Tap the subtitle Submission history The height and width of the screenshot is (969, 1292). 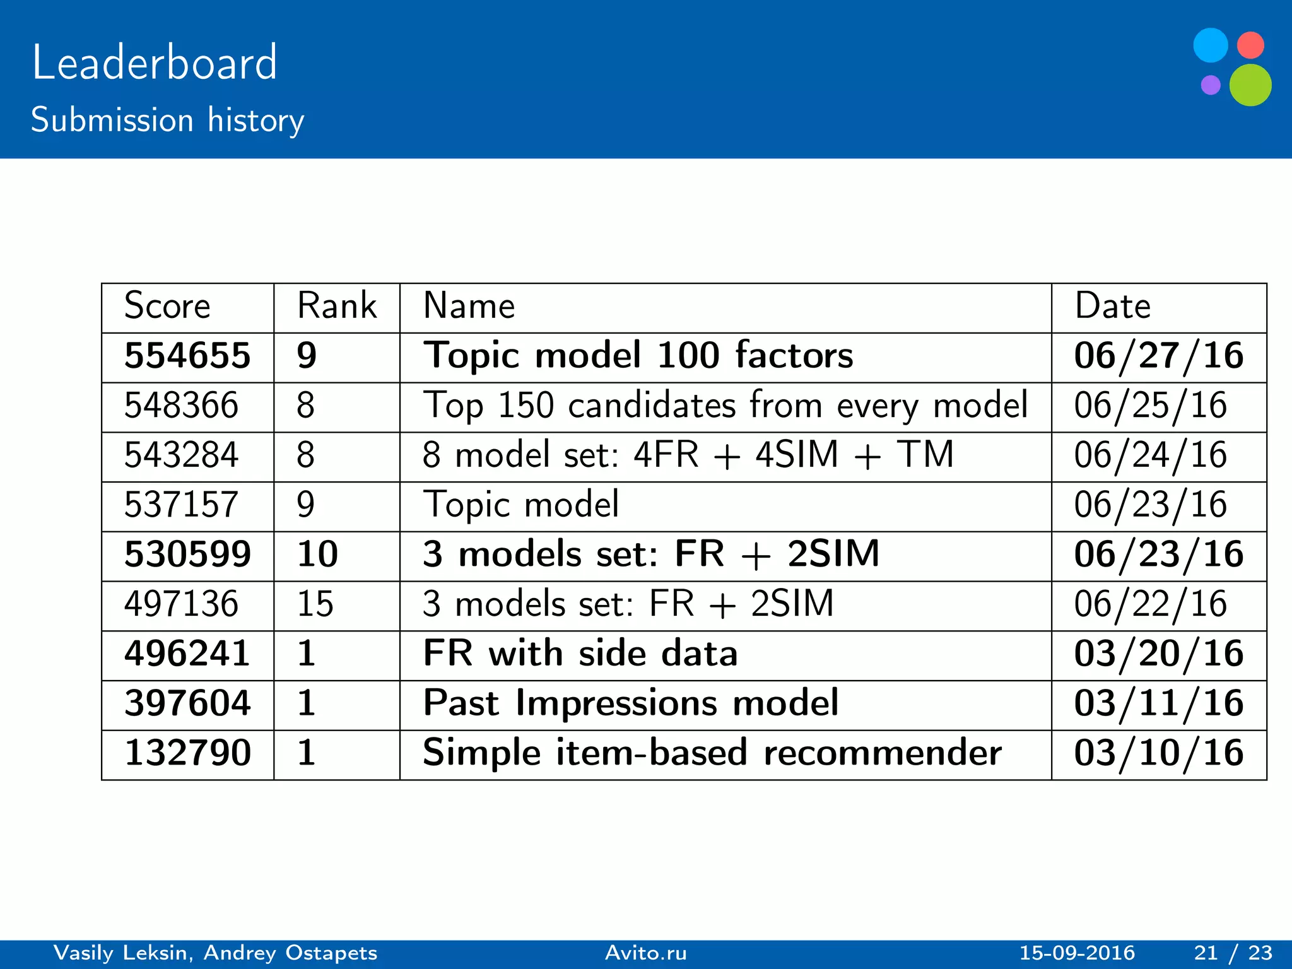[x=167, y=120]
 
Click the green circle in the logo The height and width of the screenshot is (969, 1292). [x=1250, y=85]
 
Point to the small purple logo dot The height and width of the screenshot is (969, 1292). [x=1211, y=85]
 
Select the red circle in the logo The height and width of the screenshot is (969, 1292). [x=1250, y=45]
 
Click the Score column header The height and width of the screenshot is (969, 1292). [x=167, y=307]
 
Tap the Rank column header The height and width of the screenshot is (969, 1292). [x=337, y=307]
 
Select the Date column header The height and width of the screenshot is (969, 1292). [x=1113, y=307]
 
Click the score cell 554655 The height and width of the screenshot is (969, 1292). [x=187, y=356]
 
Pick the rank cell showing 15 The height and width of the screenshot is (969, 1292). [x=315, y=604]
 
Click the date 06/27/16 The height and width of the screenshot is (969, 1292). [x=1159, y=356]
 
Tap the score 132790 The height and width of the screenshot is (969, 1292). [x=187, y=753]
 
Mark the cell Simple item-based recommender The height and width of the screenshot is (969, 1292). [x=712, y=753]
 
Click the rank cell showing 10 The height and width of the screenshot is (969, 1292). [x=317, y=555]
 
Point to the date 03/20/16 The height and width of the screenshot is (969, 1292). [x=1159, y=654]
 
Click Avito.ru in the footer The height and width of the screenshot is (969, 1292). [x=645, y=953]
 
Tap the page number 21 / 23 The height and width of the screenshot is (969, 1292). [x=1233, y=953]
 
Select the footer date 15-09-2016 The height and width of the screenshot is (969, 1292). [x=1077, y=953]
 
